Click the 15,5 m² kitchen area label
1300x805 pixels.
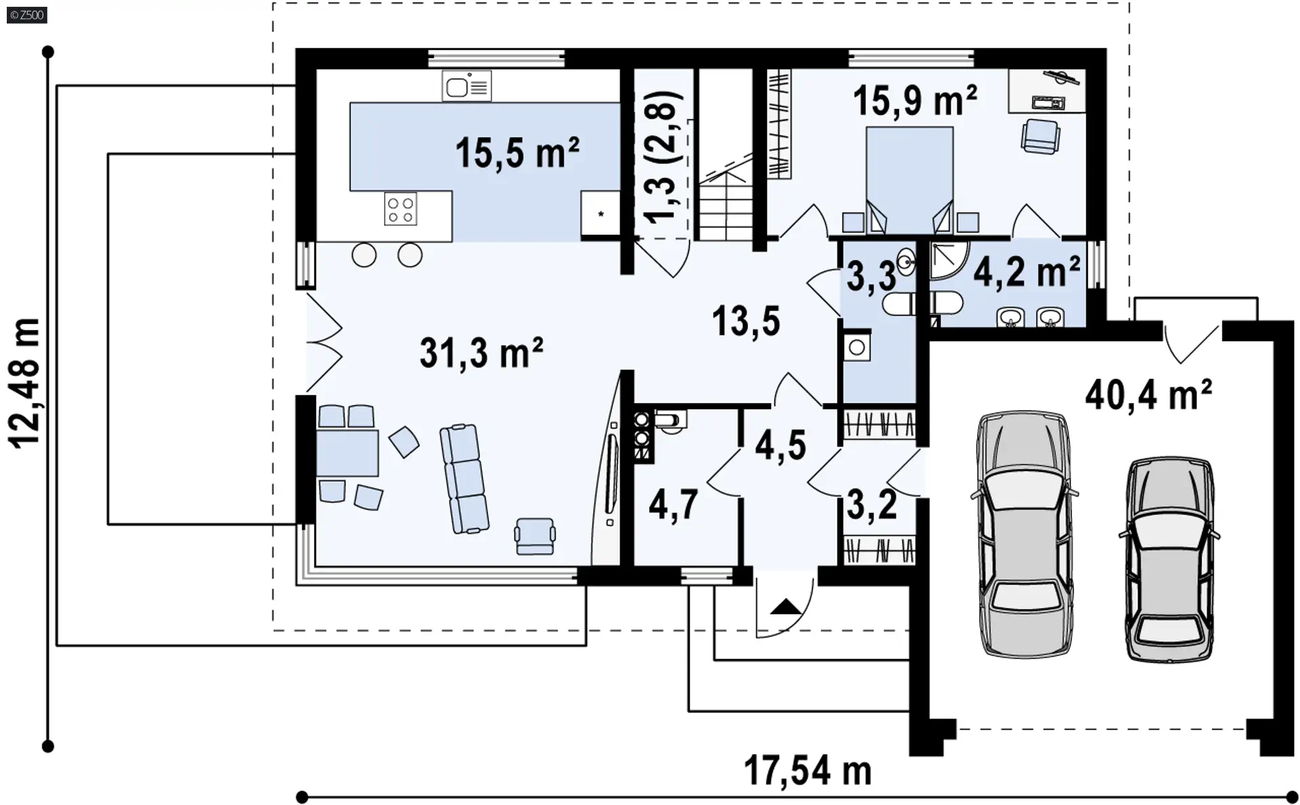517,153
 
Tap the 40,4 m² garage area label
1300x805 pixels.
1148,394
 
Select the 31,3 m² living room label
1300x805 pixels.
481,352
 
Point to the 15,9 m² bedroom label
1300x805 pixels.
915,101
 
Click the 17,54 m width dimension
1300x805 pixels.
808,771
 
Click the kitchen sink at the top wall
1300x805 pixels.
467,87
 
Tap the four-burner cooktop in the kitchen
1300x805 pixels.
400,208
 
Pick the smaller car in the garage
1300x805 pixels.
1169,559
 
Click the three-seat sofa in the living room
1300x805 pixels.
464,478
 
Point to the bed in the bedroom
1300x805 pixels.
910,180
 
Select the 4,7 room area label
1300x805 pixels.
673,505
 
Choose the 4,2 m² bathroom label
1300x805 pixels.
1026,273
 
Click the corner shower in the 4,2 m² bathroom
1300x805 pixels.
950,261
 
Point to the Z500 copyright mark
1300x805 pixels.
27,15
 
